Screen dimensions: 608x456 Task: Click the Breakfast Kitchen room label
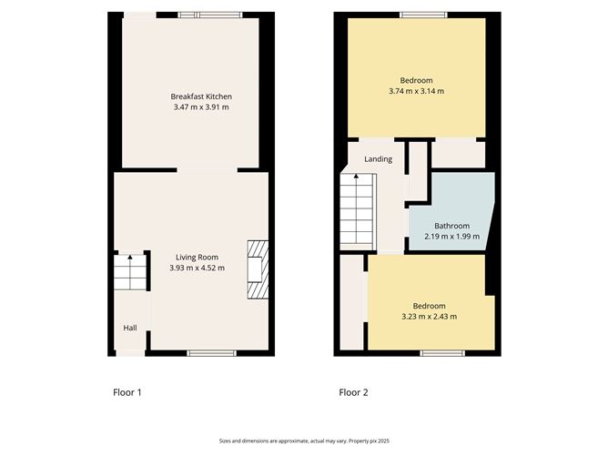(201, 96)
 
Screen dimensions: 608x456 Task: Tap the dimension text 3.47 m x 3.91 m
(201, 107)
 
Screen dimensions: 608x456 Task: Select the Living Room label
(197, 257)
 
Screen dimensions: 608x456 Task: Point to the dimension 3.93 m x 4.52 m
(197, 268)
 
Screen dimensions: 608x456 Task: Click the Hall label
(130, 328)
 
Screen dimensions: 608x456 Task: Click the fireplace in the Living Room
(258, 269)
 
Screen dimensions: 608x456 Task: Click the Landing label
(378, 159)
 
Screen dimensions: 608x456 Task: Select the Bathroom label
(452, 226)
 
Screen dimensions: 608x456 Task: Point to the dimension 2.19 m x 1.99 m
(452, 236)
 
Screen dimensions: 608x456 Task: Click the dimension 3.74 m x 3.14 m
(417, 91)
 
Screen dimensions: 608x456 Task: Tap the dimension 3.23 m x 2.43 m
(430, 317)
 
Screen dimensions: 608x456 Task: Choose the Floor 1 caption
(127, 392)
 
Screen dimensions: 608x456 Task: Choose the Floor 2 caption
(354, 392)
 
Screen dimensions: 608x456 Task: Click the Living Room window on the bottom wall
(212, 353)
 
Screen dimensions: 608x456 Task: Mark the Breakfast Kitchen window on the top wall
(210, 15)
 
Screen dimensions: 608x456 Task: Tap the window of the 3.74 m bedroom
(424, 15)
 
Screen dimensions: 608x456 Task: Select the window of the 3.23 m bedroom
(442, 353)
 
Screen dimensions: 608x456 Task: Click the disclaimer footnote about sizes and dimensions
(304, 441)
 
